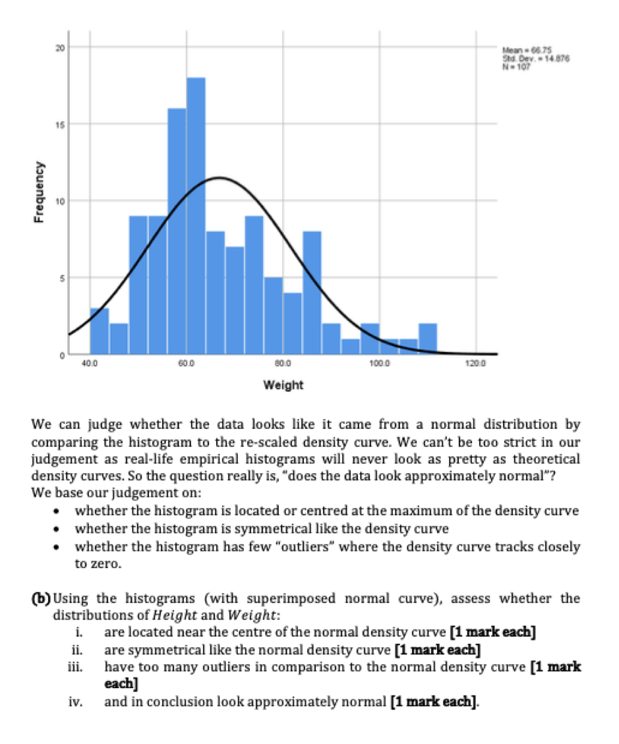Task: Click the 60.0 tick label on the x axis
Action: [186, 363]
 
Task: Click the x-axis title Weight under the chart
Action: [283, 385]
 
